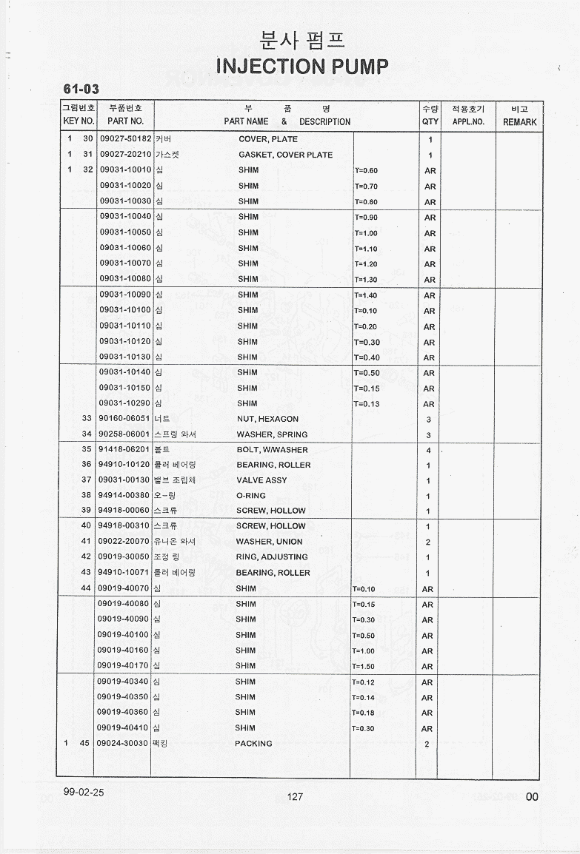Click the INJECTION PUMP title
click(301, 67)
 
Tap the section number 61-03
click(81, 90)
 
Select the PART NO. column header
click(125, 121)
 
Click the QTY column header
click(430, 121)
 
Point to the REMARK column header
click(519, 122)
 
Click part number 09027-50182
click(125, 139)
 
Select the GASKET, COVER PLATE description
click(285, 155)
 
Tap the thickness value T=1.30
click(366, 280)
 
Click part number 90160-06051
click(124, 419)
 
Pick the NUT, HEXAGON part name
click(267, 419)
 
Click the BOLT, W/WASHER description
click(272, 450)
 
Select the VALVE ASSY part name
click(261, 480)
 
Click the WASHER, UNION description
click(269, 542)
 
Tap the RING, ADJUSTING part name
click(271, 557)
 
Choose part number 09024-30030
click(122, 744)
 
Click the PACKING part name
click(253, 744)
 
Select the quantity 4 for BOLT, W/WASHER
click(428, 451)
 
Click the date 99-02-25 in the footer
click(84, 792)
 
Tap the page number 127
click(295, 796)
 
